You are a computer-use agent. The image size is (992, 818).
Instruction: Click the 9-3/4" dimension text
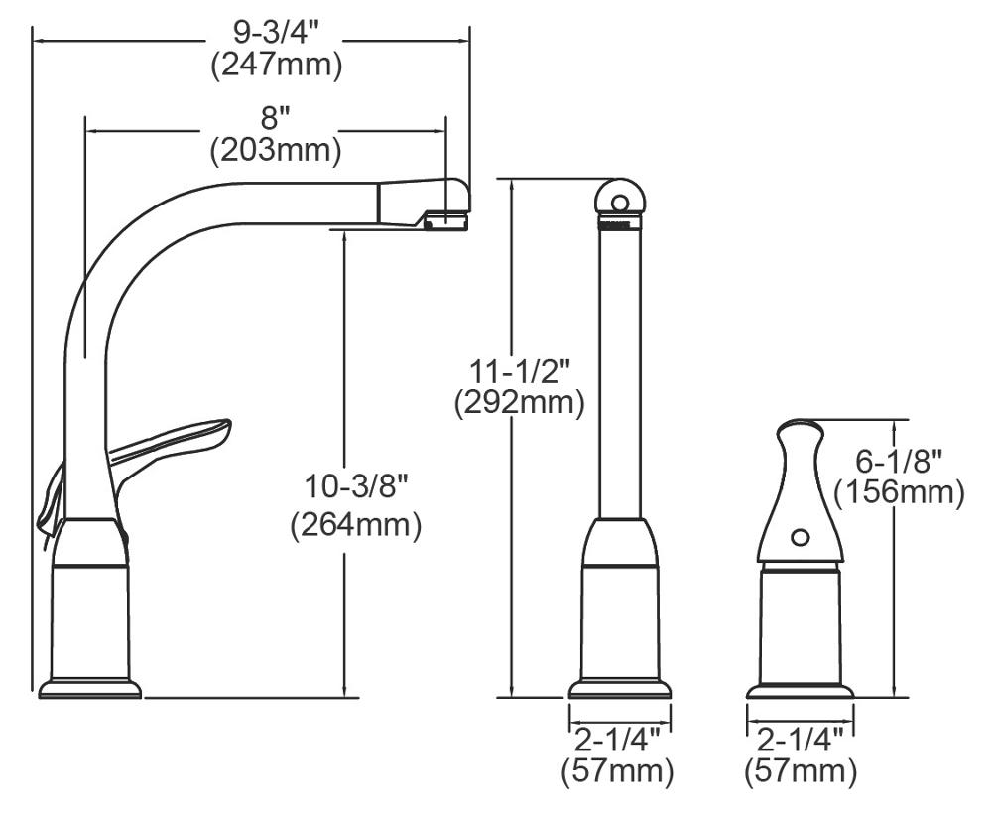coord(277,33)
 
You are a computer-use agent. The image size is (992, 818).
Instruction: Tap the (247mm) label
coord(277,64)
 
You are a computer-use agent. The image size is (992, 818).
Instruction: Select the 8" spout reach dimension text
coord(275,118)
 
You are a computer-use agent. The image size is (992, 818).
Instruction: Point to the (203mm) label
coord(276,150)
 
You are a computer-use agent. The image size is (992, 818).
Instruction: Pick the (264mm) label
coord(355,525)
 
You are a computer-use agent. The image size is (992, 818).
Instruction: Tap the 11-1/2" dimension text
coord(519,371)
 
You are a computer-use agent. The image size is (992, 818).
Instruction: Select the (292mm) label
coord(519,403)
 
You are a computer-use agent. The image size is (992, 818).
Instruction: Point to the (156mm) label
coord(899,492)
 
